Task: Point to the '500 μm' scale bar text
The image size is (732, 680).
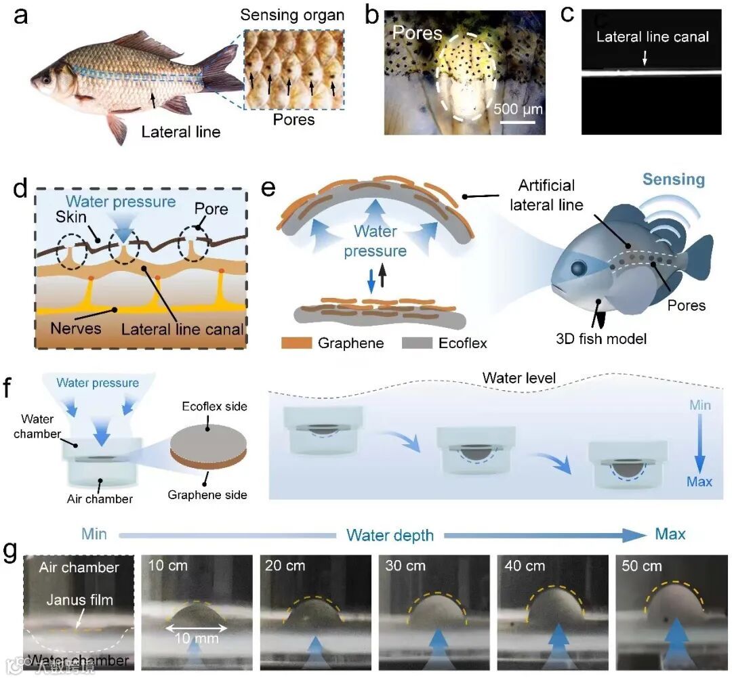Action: tap(518, 108)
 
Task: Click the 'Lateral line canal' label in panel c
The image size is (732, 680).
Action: tap(652, 37)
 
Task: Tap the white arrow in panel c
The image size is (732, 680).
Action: tap(645, 60)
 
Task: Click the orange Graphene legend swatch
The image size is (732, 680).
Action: tap(297, 343)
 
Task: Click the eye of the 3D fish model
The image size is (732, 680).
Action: tap(577, 268)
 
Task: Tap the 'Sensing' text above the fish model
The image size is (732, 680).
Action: tap(673, 179)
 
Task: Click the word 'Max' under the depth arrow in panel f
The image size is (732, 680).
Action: tap(699, 482)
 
